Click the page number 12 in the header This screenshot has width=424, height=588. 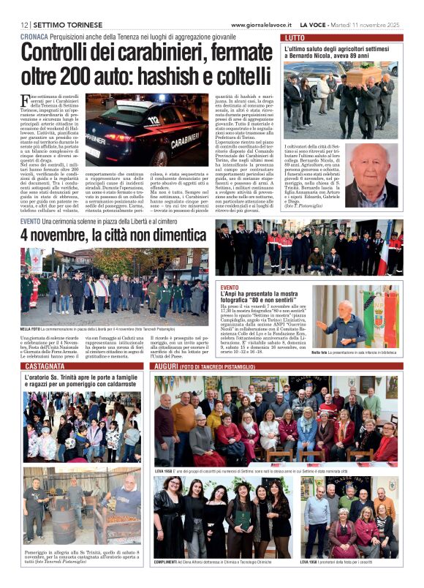tap(25, 24)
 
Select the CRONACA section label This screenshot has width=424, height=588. tap(34, 36)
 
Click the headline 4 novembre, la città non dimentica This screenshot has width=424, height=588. tap(113, 235)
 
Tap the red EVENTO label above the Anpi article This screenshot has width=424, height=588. tap(230, 287)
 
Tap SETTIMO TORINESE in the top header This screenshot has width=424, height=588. tap(65, 24)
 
